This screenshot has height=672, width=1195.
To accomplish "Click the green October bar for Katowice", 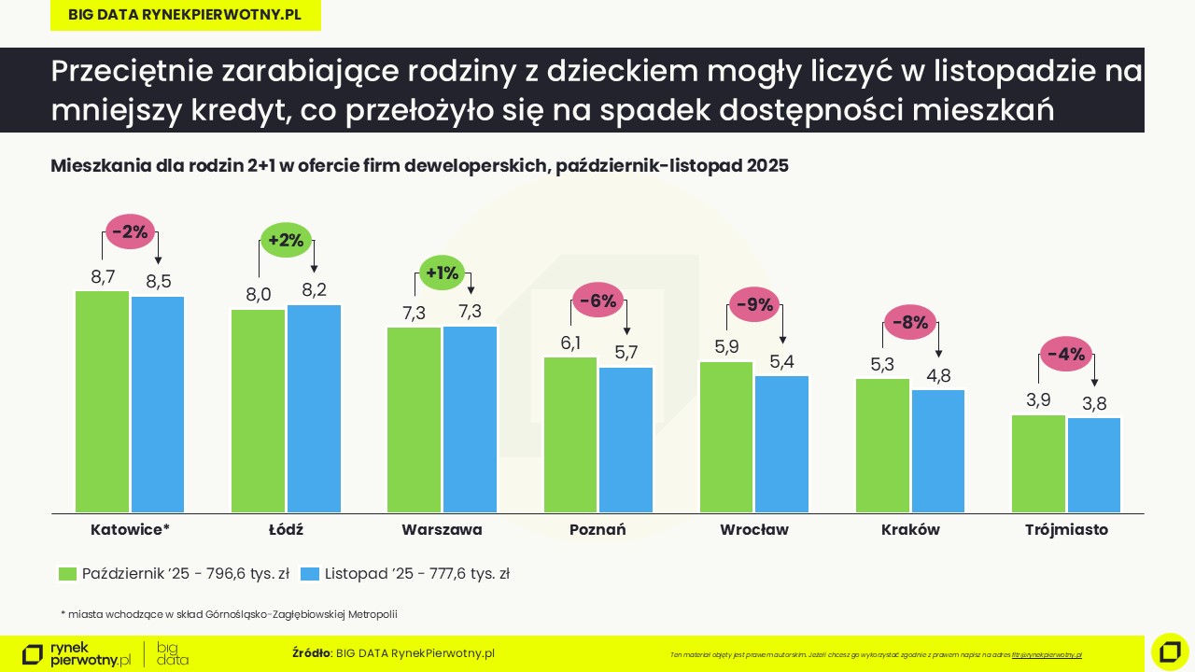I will pos(103,401).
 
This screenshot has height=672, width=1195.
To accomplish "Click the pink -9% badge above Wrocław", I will pos(754,304).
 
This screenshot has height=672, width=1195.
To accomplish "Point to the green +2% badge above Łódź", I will pos(286,240).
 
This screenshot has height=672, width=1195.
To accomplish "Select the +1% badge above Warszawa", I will pos(442,273).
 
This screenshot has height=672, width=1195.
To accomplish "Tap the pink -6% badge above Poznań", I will pos(597,301).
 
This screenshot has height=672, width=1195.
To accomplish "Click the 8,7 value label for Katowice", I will pos(103,276).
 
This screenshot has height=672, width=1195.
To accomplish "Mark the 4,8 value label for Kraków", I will pos(938,376).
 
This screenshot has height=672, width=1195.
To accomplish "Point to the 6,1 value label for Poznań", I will pos(571,343).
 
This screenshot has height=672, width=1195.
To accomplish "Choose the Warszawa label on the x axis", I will pos(442,530).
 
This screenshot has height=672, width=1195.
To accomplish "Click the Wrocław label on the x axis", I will pos(754,530).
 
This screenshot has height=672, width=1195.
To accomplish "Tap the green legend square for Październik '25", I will pos(67,574).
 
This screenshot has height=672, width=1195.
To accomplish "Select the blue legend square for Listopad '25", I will pos(310,574).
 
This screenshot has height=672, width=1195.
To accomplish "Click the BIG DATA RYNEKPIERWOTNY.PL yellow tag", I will pos(185,16).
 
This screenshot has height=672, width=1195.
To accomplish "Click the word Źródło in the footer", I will pos(311,653).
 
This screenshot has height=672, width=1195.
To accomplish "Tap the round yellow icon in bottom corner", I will pos(1170,651).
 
